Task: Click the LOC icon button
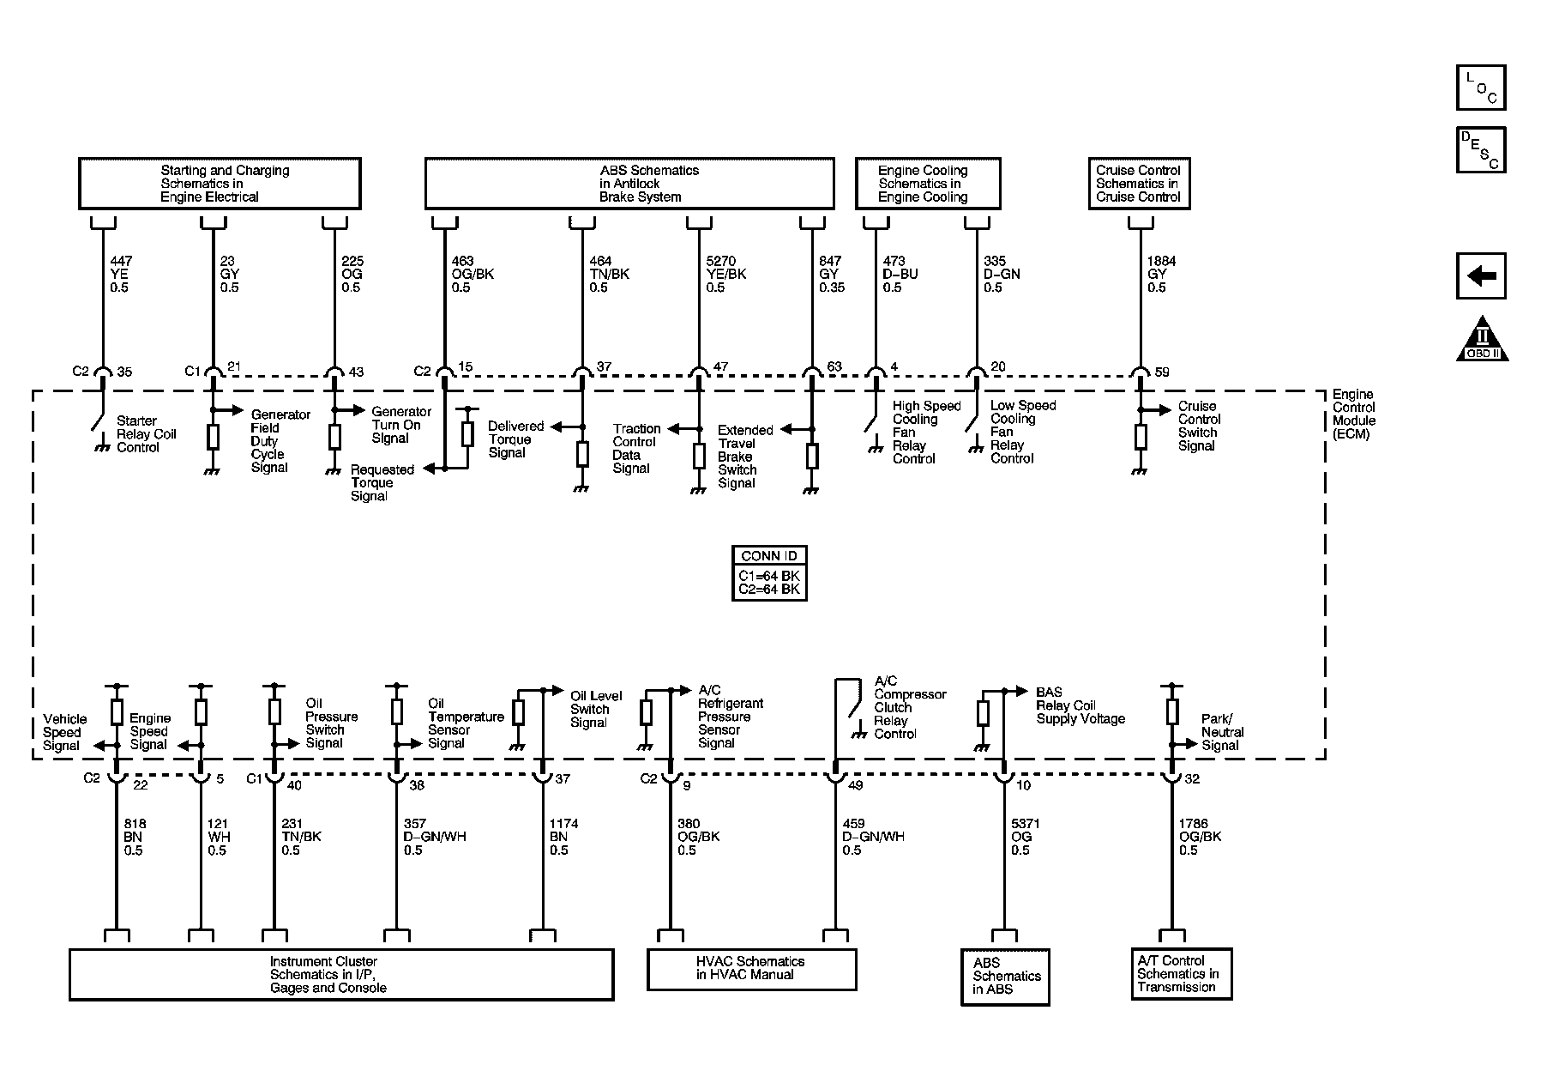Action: pyautogui.click(x=1480, y=88)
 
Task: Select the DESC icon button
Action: pyautogui.click(x=1480, y=150)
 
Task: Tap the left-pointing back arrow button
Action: pyautogui.click(x=1480, y=276)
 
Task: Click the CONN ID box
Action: pyautogui.click(x=768, y=572)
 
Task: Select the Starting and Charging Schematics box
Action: pyautogui.click(x=220, y=184)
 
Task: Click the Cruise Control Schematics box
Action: pyautogui.click(x=1138, y=184)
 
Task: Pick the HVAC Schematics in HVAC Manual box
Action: pyautogui.click(x=751, y=968)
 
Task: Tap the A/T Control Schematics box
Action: pyautogui.click(x=1181, y=974)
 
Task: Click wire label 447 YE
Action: pyautogui.click(x=121, y=274)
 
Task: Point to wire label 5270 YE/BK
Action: pyautogui.click(x=725, y=274)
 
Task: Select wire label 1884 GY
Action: pyautogui.click(x=1161, y=274)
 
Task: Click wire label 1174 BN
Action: pyautogui.click(x=563, y=837)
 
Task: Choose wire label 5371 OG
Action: pyautogui.click(x=1025, y=837)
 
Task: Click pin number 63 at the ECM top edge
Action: pyautogui.click(x=834, y=367)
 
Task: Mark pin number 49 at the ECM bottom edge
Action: pyautogui.click(x=855, y=784)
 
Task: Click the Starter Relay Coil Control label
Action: pyautogui.click(x=146, y=434)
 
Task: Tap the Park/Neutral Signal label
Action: pyautogui.click(x=1221, y=732)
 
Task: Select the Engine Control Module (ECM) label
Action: pyautogui.click(x=1353, y=414)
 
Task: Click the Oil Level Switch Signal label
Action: pyautogui.click(x=595, y=709)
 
